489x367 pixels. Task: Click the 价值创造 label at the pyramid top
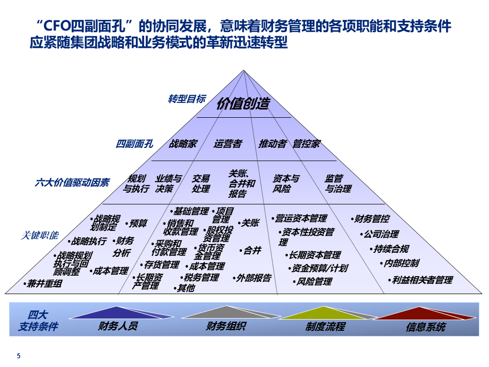pos(243,103)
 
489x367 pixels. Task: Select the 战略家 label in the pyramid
pos(183,144)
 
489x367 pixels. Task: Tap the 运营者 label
pos(228,144)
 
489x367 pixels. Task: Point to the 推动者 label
pos(273,144)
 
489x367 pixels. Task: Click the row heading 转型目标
pos(187,99)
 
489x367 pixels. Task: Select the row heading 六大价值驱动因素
pos(72,182)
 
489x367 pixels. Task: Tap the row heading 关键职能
pos(39,235)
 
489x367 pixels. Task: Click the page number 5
pos(19,356)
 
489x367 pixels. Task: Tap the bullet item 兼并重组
pos(44,284)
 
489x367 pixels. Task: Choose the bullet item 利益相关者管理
pos(422,280)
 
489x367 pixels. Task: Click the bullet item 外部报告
pos(254,278)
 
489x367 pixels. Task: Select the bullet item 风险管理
pos(314,281)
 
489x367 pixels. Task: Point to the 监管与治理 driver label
pos(338,183)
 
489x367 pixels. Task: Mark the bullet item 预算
pos(138,223)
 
